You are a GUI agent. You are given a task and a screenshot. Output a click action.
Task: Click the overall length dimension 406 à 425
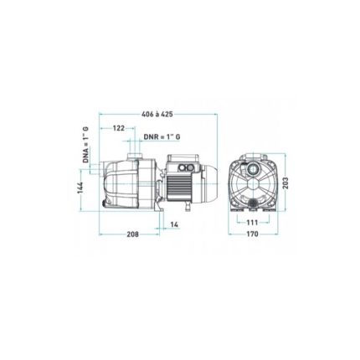(x=157, y=114)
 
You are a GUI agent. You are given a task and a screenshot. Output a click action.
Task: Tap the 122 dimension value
(x=119, y=128)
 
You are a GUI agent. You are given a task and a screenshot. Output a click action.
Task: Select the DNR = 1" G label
(x=162, y=137)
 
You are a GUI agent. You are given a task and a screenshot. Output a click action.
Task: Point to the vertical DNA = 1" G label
(x=85, y=144)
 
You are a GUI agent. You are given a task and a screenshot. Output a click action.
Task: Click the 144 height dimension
(x=80, y=188)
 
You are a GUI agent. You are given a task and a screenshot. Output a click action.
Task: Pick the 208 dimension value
(x=132, y=234)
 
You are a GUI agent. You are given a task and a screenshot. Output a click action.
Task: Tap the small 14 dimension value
(x=174, y=224)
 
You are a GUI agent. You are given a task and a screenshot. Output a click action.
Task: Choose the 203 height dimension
(x=285, y=183)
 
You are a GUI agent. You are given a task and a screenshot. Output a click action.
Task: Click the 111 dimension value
(x=252, y=223)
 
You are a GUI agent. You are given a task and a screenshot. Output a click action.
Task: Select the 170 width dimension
(x=253, y=234)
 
